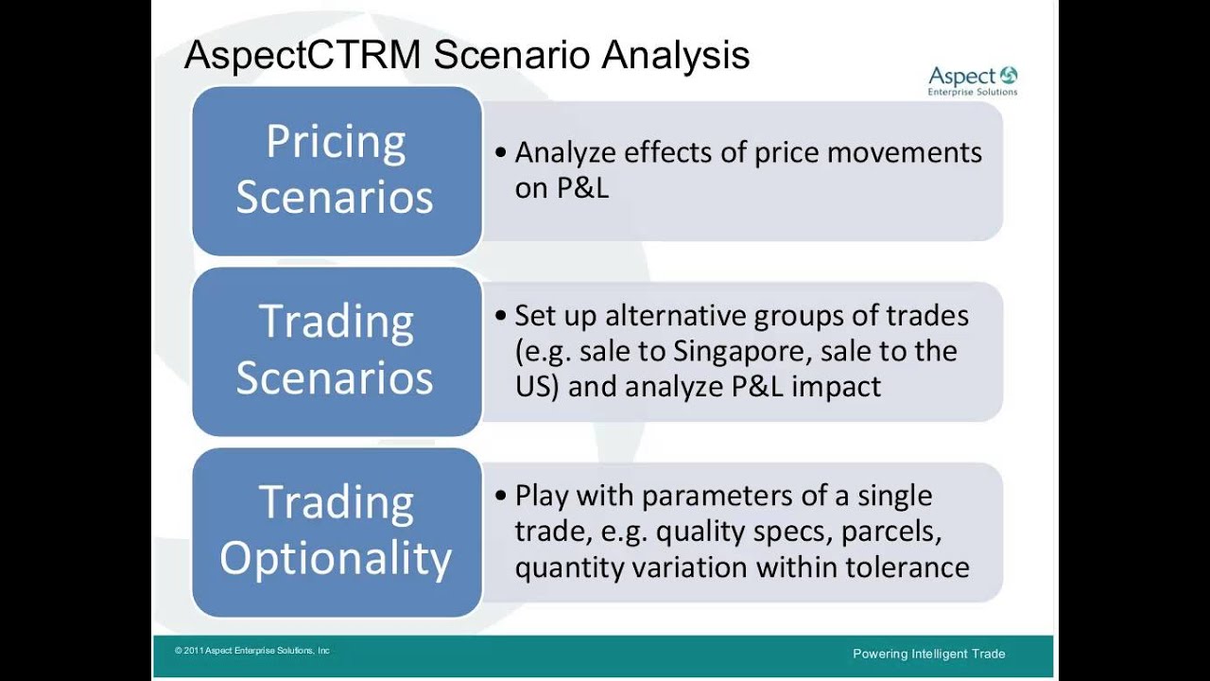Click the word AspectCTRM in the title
[302, 55]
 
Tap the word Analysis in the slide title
[675, 55]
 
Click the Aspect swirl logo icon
[1009, 76]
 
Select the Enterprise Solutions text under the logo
[973, 92]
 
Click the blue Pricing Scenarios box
[337, 171]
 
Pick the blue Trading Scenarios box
[337, 351]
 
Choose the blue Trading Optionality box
[337, 532]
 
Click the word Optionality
[336, 559]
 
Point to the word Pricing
[336, 143]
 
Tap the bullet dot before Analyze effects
[501, 152]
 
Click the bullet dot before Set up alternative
[501, 315]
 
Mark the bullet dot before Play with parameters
[501, 495]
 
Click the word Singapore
[743, 352]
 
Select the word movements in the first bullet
[905, 152]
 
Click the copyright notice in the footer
[252, 651]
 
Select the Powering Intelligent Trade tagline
[929, 654]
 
